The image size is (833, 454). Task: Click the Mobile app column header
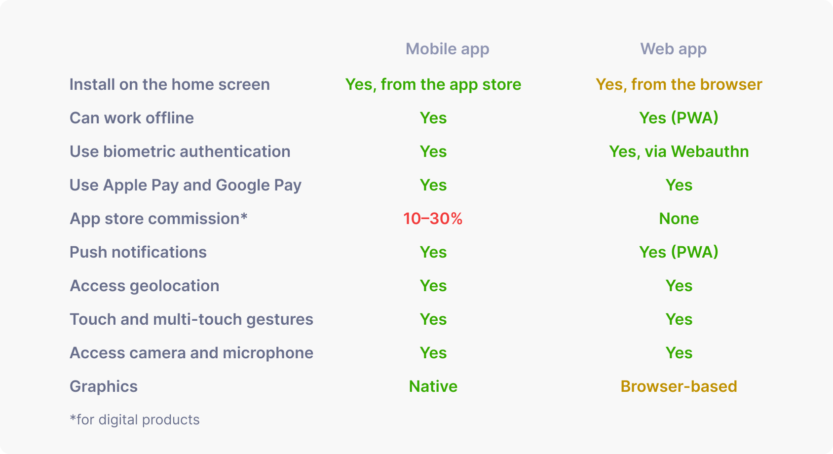(x=447, y=49)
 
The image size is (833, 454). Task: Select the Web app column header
(x=673, y=49)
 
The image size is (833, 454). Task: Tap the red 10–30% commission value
(x=433, y=219)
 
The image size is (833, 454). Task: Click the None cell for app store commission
(x=679, y=219)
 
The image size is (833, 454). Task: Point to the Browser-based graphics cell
(x=679, y=386)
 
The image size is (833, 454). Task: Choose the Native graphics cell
(x=433, y=386)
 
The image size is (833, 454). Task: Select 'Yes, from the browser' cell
(x=679, y=85)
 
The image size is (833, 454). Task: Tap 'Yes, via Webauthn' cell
(x=679, y=151)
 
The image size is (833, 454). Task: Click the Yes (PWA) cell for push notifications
(x=679, y=253)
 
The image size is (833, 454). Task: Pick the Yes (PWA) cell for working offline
(x=679, y=118)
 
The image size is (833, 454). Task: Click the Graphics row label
(x=103, y=387)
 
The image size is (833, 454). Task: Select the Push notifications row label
(x=138, y=253)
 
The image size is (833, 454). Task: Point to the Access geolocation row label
(x=144, y=286)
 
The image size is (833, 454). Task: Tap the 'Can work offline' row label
(x=132, y=118)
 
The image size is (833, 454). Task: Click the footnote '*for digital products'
(x=135, y=420)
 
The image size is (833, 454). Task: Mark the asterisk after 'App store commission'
(x=244, y=216)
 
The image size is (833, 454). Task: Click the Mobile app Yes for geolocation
(x=433, y=286)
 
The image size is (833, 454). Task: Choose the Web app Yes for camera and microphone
(x=679, y=353)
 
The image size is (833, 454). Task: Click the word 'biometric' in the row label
(x=139, y=151)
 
